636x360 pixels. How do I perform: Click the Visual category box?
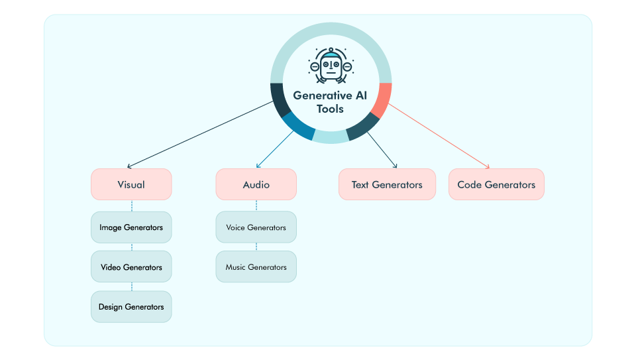pos(131,184)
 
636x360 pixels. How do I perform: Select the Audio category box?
pos(256,184)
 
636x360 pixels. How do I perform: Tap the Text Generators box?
pos(387,184)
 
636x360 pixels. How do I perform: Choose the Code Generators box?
pos(496,184)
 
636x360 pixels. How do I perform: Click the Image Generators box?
pos(131,227)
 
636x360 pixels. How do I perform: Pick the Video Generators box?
pos(131,267)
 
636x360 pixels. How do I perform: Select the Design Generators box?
pos(131,307)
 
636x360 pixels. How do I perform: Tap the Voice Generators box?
pos(256,227)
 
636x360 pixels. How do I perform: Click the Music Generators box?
pos(256,267)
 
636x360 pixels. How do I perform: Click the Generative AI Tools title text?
pos(331,101)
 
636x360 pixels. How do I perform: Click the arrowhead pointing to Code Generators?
pos(487,167)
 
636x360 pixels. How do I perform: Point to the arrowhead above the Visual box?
pos(129,166)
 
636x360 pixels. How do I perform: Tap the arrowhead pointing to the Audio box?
pos(257,166)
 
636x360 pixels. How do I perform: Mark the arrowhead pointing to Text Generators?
pos(395,166)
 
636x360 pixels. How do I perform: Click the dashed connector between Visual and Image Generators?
pos(131,206)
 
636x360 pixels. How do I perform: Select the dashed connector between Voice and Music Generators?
pos(256,247)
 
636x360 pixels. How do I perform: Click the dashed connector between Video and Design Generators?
pos(131,287)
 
